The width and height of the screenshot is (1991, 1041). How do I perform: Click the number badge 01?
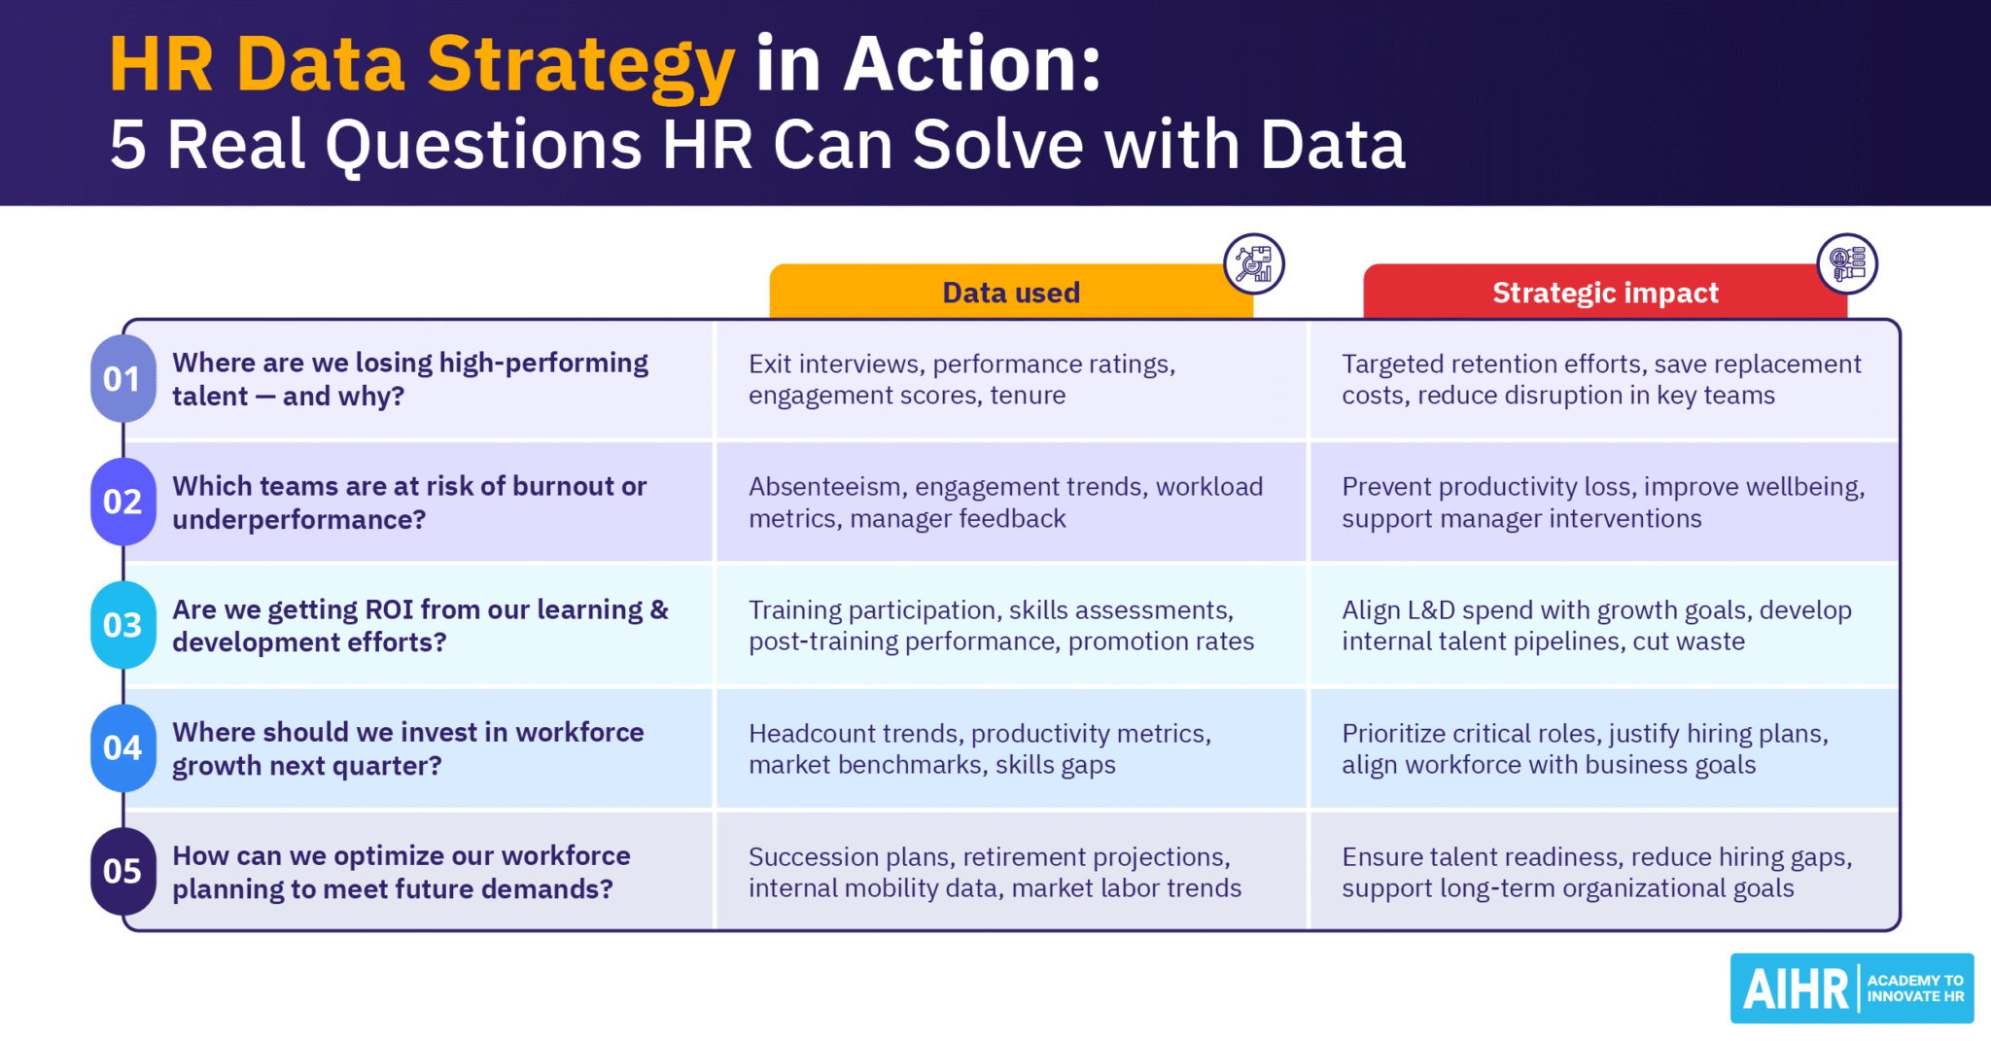click(x=122, y=379)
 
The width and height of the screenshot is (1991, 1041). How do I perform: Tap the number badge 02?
click(x=122, y=502)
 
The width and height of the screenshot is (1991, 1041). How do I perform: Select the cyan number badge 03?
click(x=122, y=625)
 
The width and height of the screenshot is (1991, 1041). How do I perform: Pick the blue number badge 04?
click(x=122, y=747)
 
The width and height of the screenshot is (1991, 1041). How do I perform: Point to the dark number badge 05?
click(x=122, y=871)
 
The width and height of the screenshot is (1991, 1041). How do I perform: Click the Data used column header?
click(x=1010, y=293)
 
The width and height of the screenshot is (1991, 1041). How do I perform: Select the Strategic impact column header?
click(x=1604, y=293)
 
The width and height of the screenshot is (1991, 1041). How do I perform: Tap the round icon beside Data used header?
click(x=1253, y=263)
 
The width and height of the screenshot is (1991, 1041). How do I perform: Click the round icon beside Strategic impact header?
click(x=1847, y=263)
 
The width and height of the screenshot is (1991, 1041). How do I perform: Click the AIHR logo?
click(x=1851, y=989)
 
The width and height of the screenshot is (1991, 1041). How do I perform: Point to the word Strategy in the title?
click(x=580, y=65)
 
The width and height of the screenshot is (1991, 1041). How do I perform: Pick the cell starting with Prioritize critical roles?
click(x=1604, y=748)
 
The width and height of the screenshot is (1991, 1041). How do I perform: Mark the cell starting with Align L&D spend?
click(x=1604, y=625)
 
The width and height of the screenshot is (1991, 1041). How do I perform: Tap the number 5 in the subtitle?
click(x=127, y=146)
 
